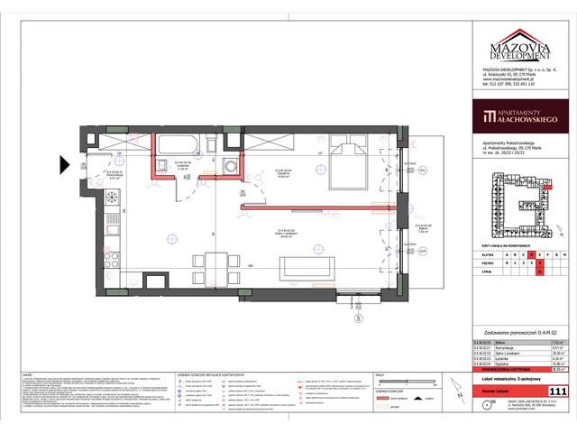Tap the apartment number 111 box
click(558, 392)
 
